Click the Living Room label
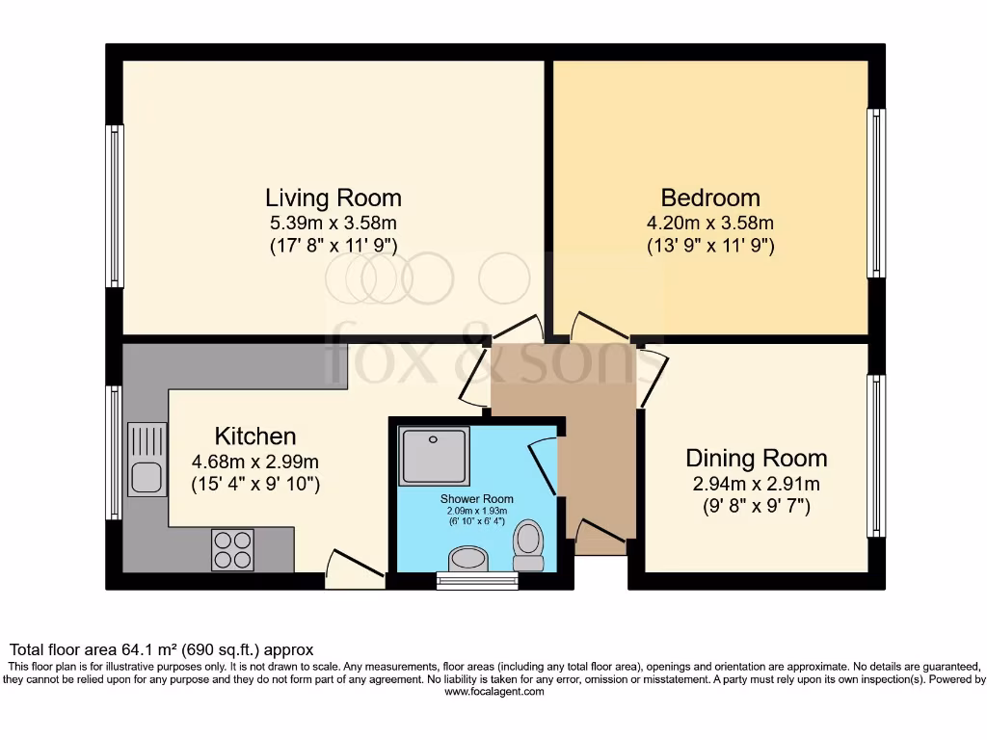(x=333, y=198)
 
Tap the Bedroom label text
(x=710, y=198)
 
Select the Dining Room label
(x=756, y=458)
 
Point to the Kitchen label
(x=254, y=436)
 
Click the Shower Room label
(x=477, y=499)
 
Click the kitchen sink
(x=147, y=461)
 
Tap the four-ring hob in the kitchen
(x=232, y=549)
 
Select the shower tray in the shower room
(x=434, y=456)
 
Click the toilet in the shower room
(x=528, y=546)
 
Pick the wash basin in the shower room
(x=469, y=558)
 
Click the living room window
(x=115, y=206)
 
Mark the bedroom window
(x=876, y=194)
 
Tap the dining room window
(x=876, y=455)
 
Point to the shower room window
(x=477, y=580)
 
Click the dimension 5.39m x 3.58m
(x=333, y=224)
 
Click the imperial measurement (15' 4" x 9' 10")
(x=254, y=483)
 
